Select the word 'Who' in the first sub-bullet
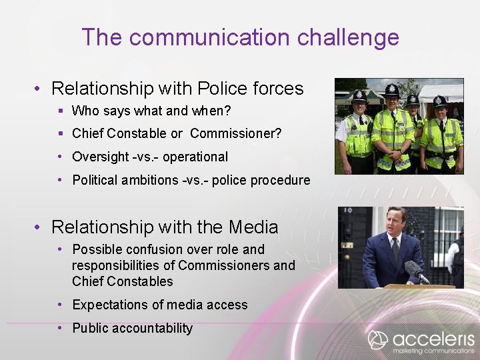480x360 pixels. pos(85,111)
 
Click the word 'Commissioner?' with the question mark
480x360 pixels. pos(235,134)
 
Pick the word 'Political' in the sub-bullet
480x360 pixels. pos(95,180)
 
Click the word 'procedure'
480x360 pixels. pos(280,181)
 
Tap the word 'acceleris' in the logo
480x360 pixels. pos(433,338)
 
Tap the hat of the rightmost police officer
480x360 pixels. pos(440,101)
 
